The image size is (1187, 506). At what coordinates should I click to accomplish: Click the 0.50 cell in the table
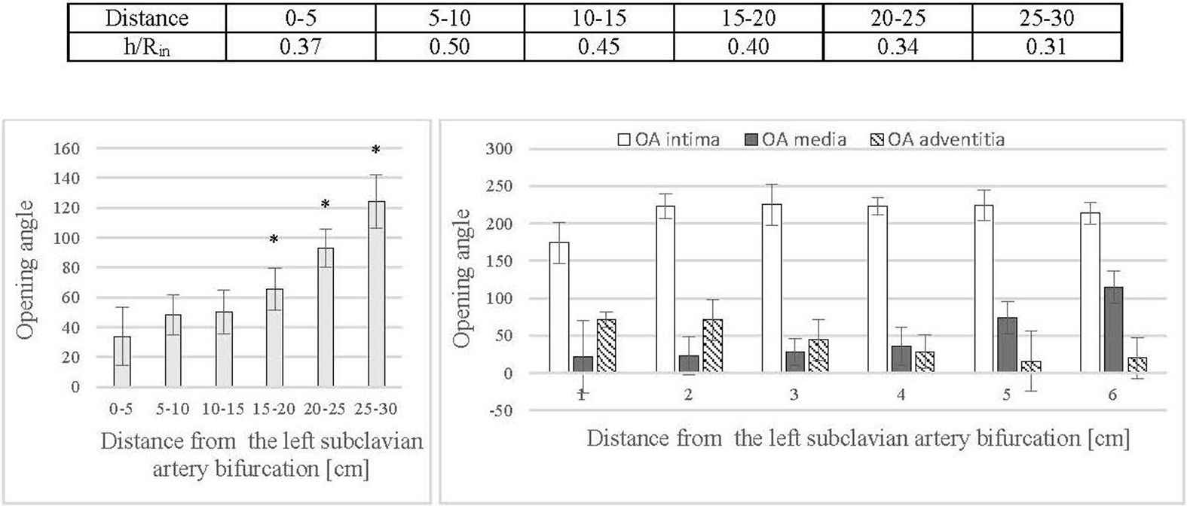click(449, 47)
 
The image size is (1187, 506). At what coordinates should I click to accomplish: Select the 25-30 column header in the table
click(1047, 18)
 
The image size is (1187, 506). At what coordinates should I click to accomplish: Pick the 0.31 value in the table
click(1047, 47)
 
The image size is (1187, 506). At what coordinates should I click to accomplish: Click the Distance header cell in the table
click(147, 18)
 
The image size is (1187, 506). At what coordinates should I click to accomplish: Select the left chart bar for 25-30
click(376, 294)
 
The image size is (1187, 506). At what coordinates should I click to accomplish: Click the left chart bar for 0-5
click(122, 361)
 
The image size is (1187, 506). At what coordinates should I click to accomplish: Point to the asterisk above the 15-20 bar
click(274, 240)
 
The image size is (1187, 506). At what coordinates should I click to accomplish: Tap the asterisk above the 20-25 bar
click(326, 205)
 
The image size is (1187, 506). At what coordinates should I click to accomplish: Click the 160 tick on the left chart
click(66, 149)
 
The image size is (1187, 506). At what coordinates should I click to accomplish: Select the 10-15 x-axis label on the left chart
click(223, 409)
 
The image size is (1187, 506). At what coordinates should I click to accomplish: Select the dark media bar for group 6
click(1114, 329)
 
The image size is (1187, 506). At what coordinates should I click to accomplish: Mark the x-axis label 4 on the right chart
click(901, 395)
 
